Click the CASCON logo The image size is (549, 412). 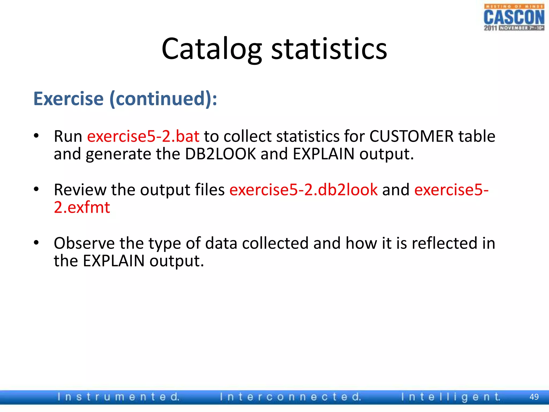(x=514, y=18)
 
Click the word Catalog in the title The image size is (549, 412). (x=212, y=49)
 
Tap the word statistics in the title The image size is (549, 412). (x=329, y=49)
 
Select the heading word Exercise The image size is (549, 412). (x=69, y=99)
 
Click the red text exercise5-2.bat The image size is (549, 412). (x=143, y=136)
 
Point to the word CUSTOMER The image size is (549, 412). (x=411, y=136)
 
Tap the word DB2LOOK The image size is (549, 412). (x=220, y=154)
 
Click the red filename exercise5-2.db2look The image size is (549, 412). (x=303, y=190)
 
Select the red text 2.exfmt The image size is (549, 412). (x=82, y=207)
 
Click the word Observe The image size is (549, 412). (x=84, y=243)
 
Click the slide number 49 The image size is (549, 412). (x=534, y=397)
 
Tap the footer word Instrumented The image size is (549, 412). (x=118, y=397)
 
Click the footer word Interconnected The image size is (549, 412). (x=290, y=397)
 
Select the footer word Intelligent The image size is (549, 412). (x=451, y=397)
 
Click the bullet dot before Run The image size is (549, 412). (x=36, y=136)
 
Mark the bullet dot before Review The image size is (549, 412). (x=36, y=189)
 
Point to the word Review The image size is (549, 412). (x=80, y=190)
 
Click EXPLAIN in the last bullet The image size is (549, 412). (x=114, y=261)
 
